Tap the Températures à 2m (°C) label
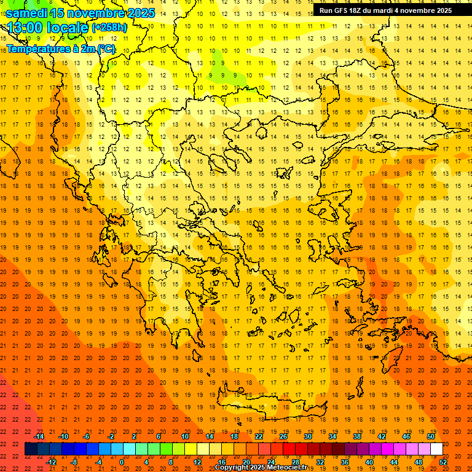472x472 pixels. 61,48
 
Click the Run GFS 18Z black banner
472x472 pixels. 385,10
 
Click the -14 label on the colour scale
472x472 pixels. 39,436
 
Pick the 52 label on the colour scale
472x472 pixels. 443,462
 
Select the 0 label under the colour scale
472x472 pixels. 122,462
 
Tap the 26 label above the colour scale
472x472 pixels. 283,436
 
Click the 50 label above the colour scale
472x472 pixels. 431,436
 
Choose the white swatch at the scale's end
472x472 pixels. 437,449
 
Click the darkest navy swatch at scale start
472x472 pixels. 31,449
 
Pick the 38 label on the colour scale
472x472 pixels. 357,436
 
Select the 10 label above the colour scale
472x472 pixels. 185,436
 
